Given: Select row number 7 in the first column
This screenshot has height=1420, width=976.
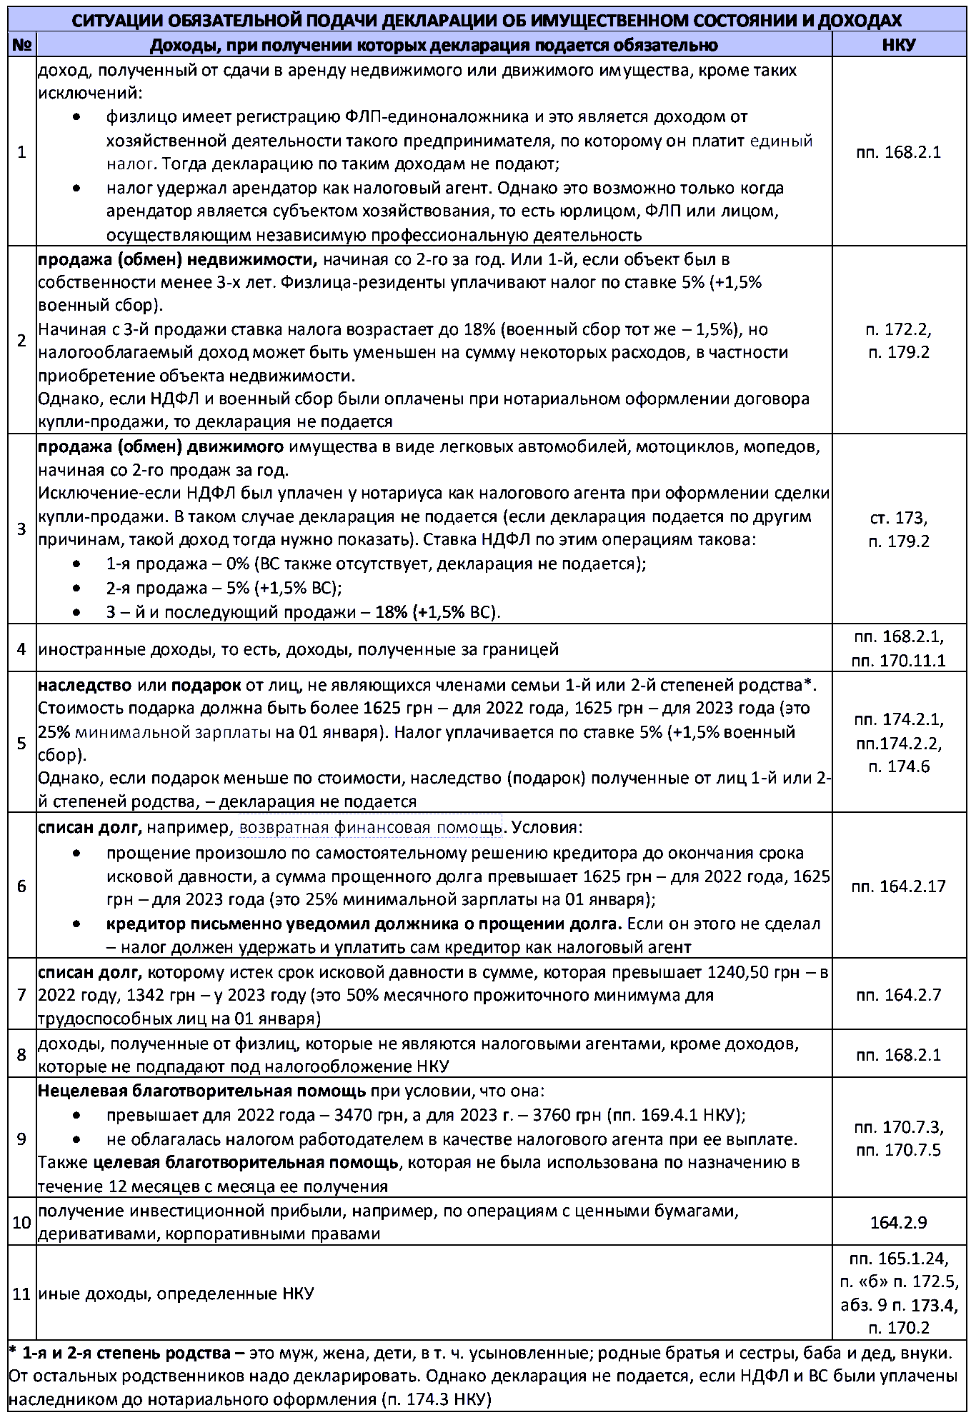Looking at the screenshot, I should pyautogui.click(x=21, y=995).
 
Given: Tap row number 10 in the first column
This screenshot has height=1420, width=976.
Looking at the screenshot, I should pyautogui.click(x=21, y=1222).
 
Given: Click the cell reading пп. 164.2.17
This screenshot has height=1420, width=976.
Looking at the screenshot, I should pyautogui.click(x=898, y=886).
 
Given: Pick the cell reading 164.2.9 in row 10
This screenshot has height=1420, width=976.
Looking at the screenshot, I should pyautogui.click(x=898, y=1222).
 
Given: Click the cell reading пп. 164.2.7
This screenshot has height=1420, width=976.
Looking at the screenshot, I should pyautogui.click(x=898, y=995).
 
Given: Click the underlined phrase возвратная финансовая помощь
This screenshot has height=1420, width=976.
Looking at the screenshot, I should pyautogui.click(x=370, y=828).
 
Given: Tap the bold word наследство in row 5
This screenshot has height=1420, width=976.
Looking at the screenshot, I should pyautogui.click(x=84, y=686).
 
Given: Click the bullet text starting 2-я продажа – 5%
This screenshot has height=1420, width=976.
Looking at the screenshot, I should pyautogui.click(x=224, y=588).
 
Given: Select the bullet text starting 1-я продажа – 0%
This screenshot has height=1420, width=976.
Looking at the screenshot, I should pyautogui.click(x=376, y=564).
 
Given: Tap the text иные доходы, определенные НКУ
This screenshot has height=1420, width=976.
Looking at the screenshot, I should pyautogui.click(x=176, y=1294).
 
